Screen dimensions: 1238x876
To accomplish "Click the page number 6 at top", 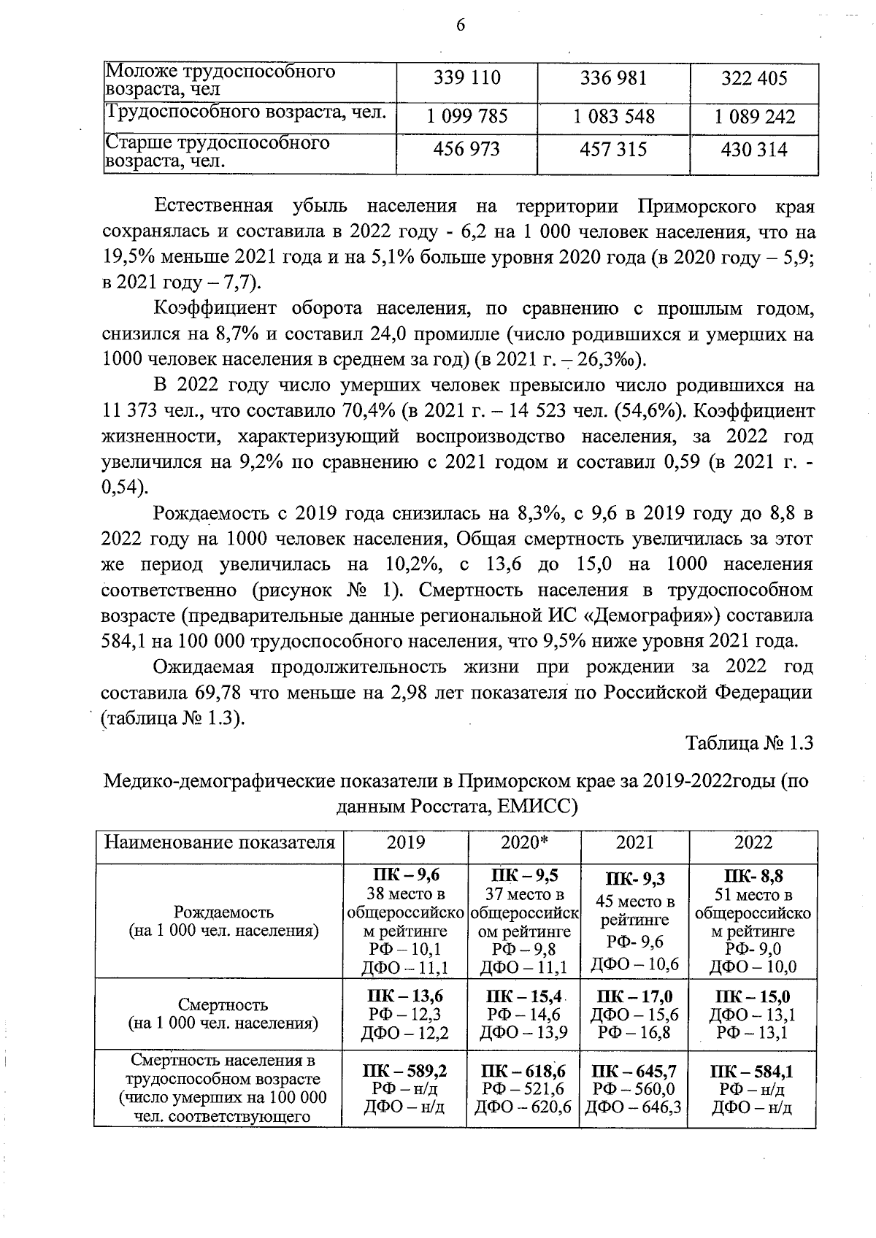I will [x=460, y=26].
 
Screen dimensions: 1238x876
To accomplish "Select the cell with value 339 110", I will [x=467, y=78].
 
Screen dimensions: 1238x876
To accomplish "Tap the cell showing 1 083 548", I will [x=614, y=117].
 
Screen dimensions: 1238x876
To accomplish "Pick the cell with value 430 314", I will [x=754, y=150].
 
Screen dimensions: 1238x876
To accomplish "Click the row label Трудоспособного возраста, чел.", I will [x=246, y=112].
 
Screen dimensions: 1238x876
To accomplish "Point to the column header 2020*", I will [x=524, y=843].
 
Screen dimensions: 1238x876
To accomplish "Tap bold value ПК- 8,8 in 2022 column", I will [x=753, y=876].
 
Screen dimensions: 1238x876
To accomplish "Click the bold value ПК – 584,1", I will [x=752, y=1072].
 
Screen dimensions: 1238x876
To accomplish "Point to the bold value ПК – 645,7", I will [x=634, y=1072].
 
